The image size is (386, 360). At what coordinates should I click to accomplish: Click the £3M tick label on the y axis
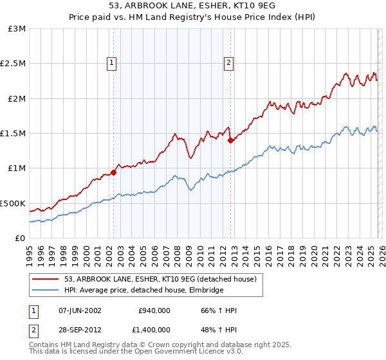(x=17, y=29)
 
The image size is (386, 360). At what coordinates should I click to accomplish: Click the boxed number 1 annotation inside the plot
(x=112, y=62)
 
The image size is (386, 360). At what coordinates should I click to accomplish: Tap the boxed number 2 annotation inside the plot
(x=229, y=62)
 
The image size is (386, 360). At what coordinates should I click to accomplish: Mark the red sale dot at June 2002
(x=114, y=172)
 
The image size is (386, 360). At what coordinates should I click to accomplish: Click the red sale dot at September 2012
(x=231, y=141)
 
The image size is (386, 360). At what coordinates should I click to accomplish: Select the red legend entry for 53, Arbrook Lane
(x=160, y=279)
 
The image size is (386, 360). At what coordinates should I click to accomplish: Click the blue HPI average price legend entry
(x=143, y=291)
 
